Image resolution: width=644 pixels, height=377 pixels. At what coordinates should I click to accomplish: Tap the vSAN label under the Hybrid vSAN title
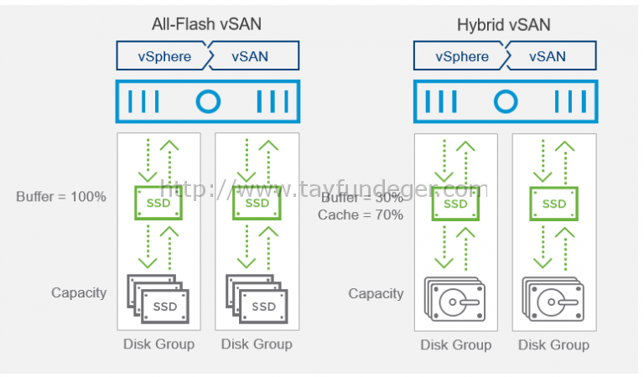pos(548,57)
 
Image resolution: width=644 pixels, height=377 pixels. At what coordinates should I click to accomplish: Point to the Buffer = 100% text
pos(61,197)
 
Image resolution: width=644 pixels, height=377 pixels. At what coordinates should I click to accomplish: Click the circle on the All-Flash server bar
pos(208,102)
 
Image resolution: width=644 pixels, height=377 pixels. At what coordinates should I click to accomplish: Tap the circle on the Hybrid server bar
pos(504,102)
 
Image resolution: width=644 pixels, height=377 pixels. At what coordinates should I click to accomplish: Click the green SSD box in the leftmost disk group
pos(159,204)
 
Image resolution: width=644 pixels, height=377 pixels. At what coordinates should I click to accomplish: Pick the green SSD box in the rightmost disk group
pos(553,204)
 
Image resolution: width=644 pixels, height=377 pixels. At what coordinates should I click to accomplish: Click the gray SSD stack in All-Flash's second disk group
pos(257,298)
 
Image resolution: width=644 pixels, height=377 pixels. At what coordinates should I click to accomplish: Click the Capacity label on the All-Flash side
pos(79,292)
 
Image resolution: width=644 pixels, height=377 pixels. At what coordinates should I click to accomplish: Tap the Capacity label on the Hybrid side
pos(376,293)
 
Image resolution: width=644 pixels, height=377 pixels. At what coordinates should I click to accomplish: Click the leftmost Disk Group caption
pos(158,343)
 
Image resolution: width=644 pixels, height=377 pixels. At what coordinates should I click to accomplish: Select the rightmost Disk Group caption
pos(553,344)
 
